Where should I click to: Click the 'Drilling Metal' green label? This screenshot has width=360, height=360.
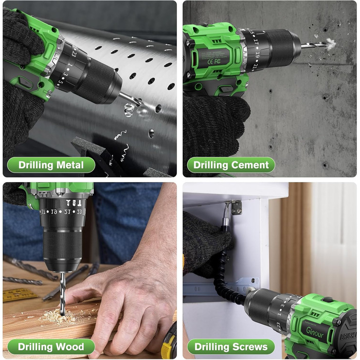(51, 165)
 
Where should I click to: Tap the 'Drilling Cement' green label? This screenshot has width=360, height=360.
(231, 165)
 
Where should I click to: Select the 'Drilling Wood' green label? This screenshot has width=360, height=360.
(51, 347)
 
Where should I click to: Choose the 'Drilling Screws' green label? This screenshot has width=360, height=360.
(231, 347)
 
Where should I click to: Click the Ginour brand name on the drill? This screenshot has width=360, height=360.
(315, 332)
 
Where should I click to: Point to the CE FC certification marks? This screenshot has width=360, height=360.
(214, 62)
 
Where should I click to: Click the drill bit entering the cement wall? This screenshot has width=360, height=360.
(314, 45)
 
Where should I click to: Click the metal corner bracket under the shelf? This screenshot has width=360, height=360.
(237, 208)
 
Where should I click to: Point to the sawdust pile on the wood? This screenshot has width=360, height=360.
(61, 315)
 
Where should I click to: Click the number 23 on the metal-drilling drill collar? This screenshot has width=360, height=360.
(74, 54)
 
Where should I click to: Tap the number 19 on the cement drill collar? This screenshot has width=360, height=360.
(257, 55)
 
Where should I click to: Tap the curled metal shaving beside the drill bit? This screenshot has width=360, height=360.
(129, 110)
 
